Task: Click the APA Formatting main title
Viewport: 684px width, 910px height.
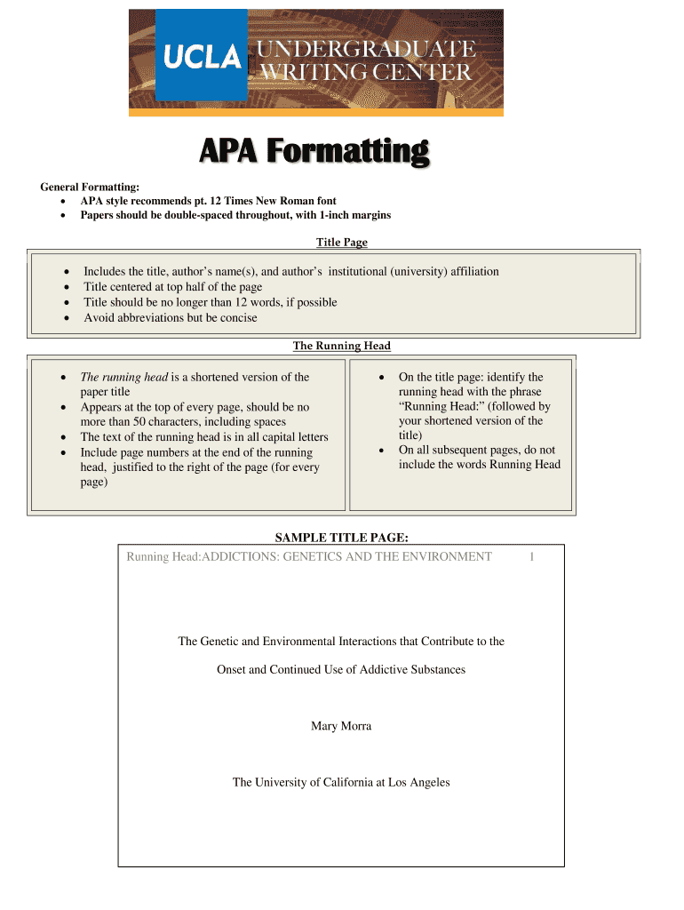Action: (x=314, y=153)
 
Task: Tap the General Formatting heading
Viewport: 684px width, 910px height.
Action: (x=90, y=187)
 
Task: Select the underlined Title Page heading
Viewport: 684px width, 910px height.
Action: (x=342, y=242)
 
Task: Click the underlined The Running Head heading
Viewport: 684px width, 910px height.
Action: (x=342, y=346)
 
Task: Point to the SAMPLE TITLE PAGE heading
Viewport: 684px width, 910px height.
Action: (x=341, y=537)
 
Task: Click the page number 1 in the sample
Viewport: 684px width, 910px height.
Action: (x=531, y=557)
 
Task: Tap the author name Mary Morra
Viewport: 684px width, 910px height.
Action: (x=341, y=726)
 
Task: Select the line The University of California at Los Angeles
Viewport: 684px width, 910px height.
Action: (x=341, y=782)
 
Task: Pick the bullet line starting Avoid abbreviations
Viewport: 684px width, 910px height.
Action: (x=171, y=317)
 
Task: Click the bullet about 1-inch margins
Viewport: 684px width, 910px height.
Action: (x=235, y=215)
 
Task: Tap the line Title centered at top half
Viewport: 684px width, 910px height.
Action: (x=173, y=287)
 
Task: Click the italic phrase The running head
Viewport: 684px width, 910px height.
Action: (x=124, y=377)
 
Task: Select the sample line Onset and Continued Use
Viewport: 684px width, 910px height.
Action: (x=341, y=669)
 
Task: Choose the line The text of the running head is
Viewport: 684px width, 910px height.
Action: (x=204, y=437)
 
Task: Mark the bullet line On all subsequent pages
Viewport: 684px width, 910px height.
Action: (x=477, y=450)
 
